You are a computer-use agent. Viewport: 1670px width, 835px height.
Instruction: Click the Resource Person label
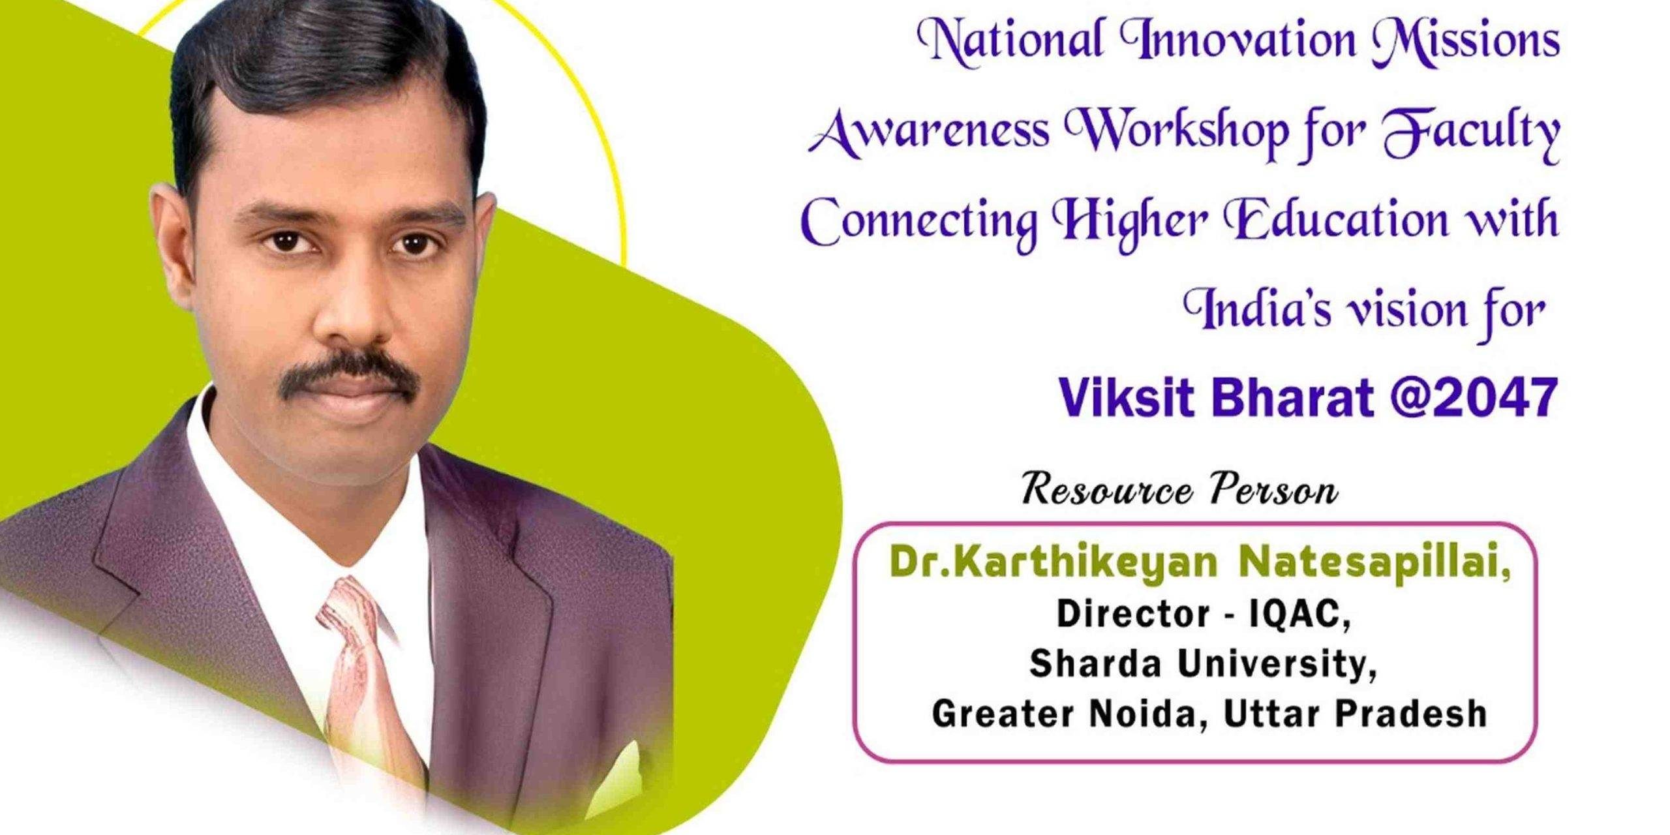(1179, 491)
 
